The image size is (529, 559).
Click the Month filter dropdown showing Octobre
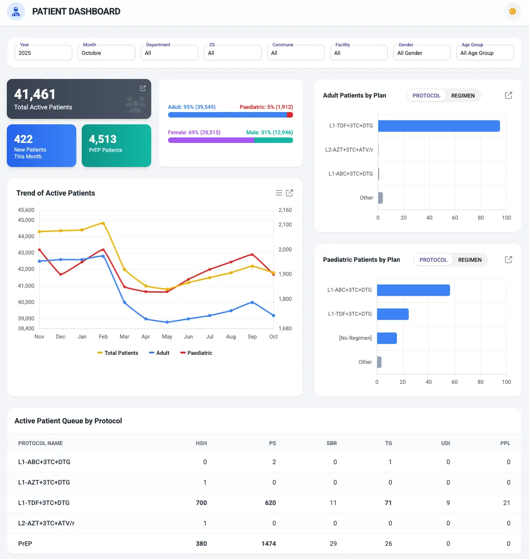(x=106, y=53)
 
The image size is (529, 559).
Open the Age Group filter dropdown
(x=485, y=53)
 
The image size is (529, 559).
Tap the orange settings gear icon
(x=512, y=11)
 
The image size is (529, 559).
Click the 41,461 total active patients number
(x=35, y=94)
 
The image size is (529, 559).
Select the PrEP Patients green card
(x=116, y=145)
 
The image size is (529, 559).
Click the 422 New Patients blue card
(x=41, y=145)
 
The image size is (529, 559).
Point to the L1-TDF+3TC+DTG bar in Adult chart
(x=439, y=126)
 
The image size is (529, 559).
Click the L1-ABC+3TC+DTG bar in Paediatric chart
(x=413, y=290)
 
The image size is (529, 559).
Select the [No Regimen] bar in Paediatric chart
(x=387, y=338)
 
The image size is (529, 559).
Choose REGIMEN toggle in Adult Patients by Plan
(x=463, y=96)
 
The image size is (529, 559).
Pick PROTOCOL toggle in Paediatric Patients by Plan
(x=433, y=260)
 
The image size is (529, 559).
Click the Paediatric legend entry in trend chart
(x=196, y=353)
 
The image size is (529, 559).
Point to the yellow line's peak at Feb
(x=103, y=223)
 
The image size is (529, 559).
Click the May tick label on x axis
(x=167, y=337)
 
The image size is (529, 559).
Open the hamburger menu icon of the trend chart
(x=279, y=193)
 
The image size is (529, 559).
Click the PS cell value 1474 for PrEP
(x=269, y=544)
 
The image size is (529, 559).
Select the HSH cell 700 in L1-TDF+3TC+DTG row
(x=201, y=503)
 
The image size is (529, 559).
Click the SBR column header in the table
(x=331, y=443)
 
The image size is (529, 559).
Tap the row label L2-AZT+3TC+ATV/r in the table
(x=46, y=523)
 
